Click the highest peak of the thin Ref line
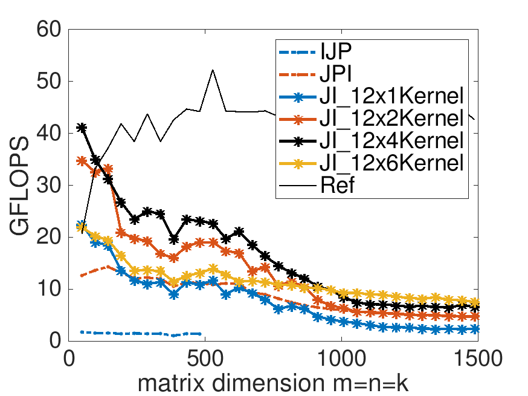click(x=213, y=70)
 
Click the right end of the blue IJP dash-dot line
click(x=200, y=334)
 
